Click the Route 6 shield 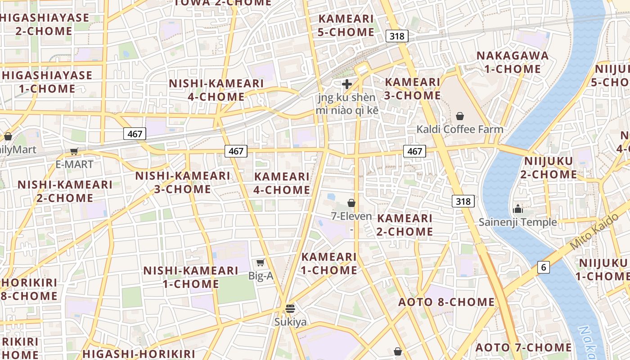pyautogui.click(x=544, y=267)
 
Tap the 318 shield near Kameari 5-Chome pyautogui.click(x=396, y=36)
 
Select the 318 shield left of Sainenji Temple pyautogui.click(x=463, y=201)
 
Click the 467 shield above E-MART pyautogui.click(x=135, y=134)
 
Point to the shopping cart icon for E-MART pyautogui.click(x=74, y=152)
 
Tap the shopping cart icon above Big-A pyautogui.click(x=260, y=262)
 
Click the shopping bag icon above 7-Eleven pyautogui.click(x=351, y=203)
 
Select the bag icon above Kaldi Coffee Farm pyautogui.click(x=460, y=116)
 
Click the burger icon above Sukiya pyautogui.click(x=290, y=309)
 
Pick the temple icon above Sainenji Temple pyautogui.click(x=518, y=209)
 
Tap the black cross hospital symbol pyautogui.click(x=347, y=84)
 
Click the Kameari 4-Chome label pyautogui.click(x=282, y=183)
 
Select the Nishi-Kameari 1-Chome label pyautogui.click(x=191, y=277)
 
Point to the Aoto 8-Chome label pyautogui.click(x=446, y=302)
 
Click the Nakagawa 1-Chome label pyautogui.click(x=513, y=62)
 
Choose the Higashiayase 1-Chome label pyautogui.click(x=47, y=82)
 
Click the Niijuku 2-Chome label pyautogui.click(x=549, y=167)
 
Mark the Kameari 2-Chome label pyautogui.click(x=405, y=225)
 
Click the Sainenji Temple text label pyautogui.click(x=517, y=222)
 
